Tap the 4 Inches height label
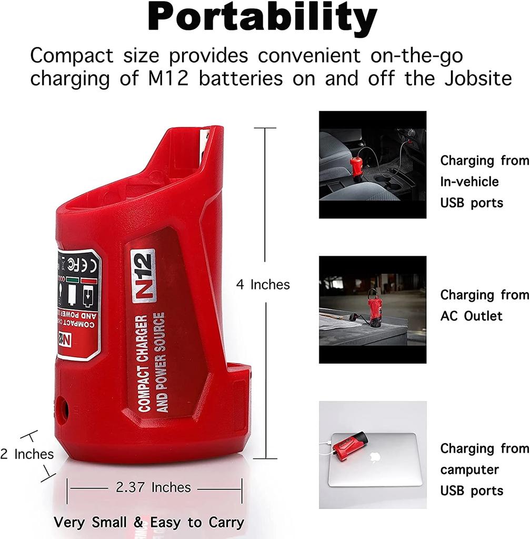click(x=263, y=285)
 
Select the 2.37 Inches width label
click(x=153, y=487)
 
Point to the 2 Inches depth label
click(x=27, y=454)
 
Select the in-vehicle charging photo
click(x=372, y=164)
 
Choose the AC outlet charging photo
click(x=372, y=310)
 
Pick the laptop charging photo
click(x=372, y=455)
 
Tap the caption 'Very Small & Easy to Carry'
click(x=149, y=523)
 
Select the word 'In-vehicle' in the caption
click(x=469, y=182)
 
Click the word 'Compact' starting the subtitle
click(x=72, y=55)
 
